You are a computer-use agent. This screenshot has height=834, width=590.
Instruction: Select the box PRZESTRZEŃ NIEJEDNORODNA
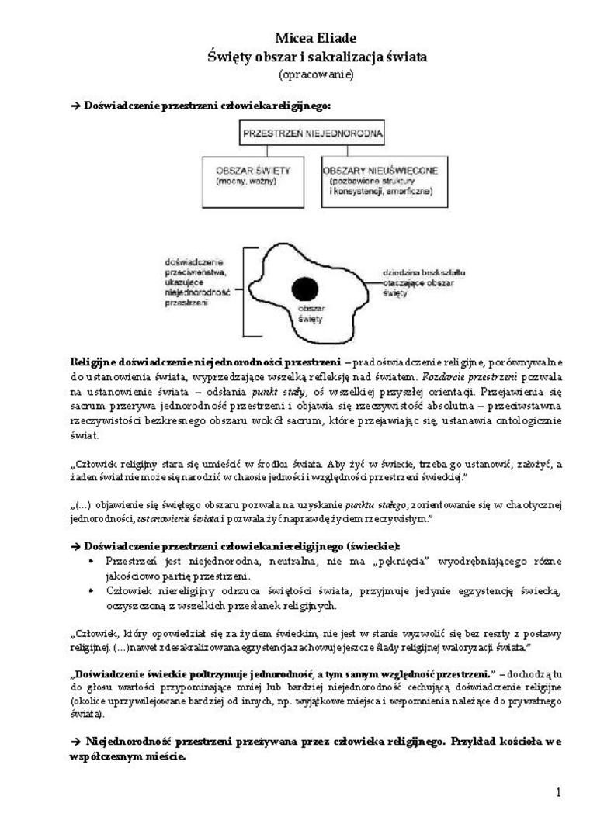[313, 133]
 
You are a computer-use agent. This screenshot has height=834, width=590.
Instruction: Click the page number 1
[558, 792]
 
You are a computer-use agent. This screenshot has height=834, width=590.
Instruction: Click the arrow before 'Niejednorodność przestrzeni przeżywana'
[75, 741]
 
